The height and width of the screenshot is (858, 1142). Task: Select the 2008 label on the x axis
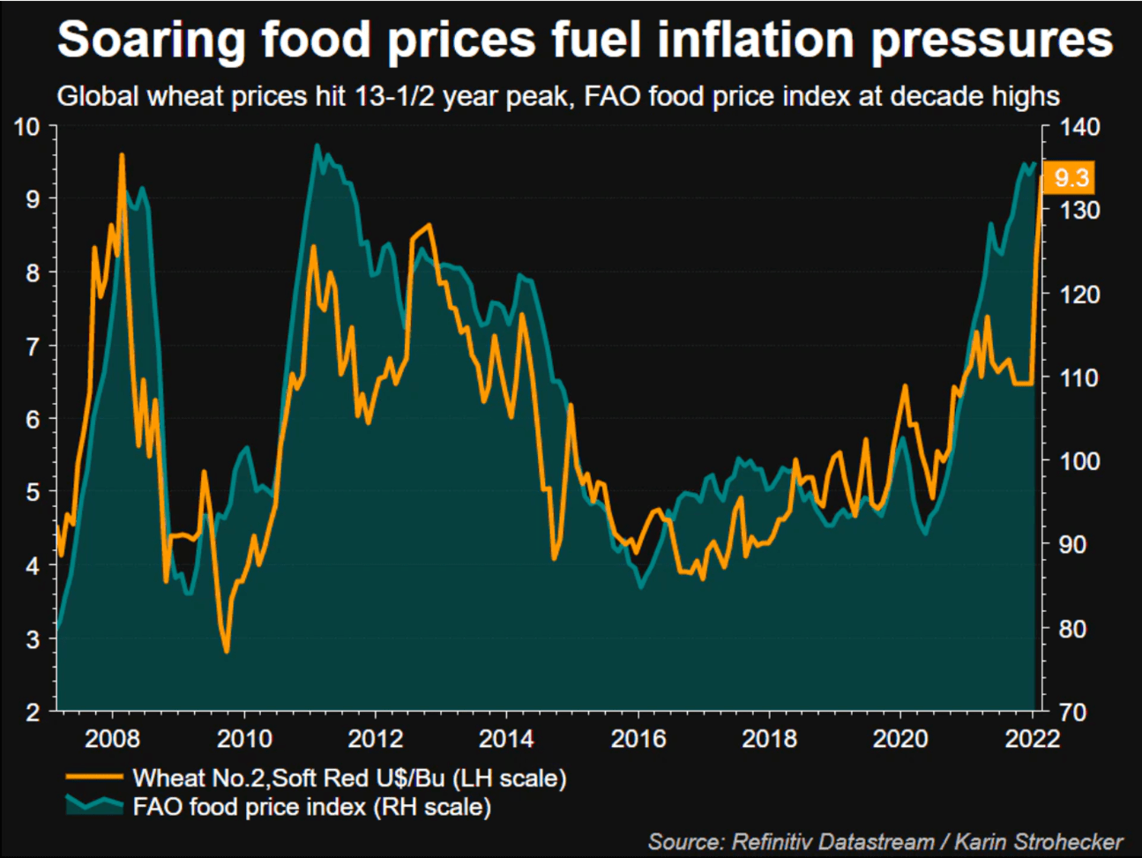(112, 738)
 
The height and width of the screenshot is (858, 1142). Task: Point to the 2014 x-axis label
(506, 738)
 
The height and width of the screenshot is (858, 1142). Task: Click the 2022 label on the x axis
(1032, 738)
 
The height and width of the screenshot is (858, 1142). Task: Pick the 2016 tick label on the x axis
(638, 738)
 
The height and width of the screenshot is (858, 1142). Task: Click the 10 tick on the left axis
(27, 127)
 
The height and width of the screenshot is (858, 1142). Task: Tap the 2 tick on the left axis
(33, 712)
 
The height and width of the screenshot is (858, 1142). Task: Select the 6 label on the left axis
(33, 420)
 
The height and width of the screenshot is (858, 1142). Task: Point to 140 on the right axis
(1079, 127)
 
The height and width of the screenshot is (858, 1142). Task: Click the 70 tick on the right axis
(1072, 712)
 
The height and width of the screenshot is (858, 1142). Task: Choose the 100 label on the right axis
(1079, 461)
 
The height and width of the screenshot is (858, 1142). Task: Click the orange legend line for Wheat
(93, 777)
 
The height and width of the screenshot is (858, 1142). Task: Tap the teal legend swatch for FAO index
(93, 805)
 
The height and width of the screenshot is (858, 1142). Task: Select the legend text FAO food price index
(311, 807)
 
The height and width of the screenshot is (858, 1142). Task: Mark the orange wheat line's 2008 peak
(121, 155)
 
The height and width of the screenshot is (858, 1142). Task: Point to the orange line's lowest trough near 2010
(227, 652)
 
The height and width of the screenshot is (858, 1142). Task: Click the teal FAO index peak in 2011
(317, 145)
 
